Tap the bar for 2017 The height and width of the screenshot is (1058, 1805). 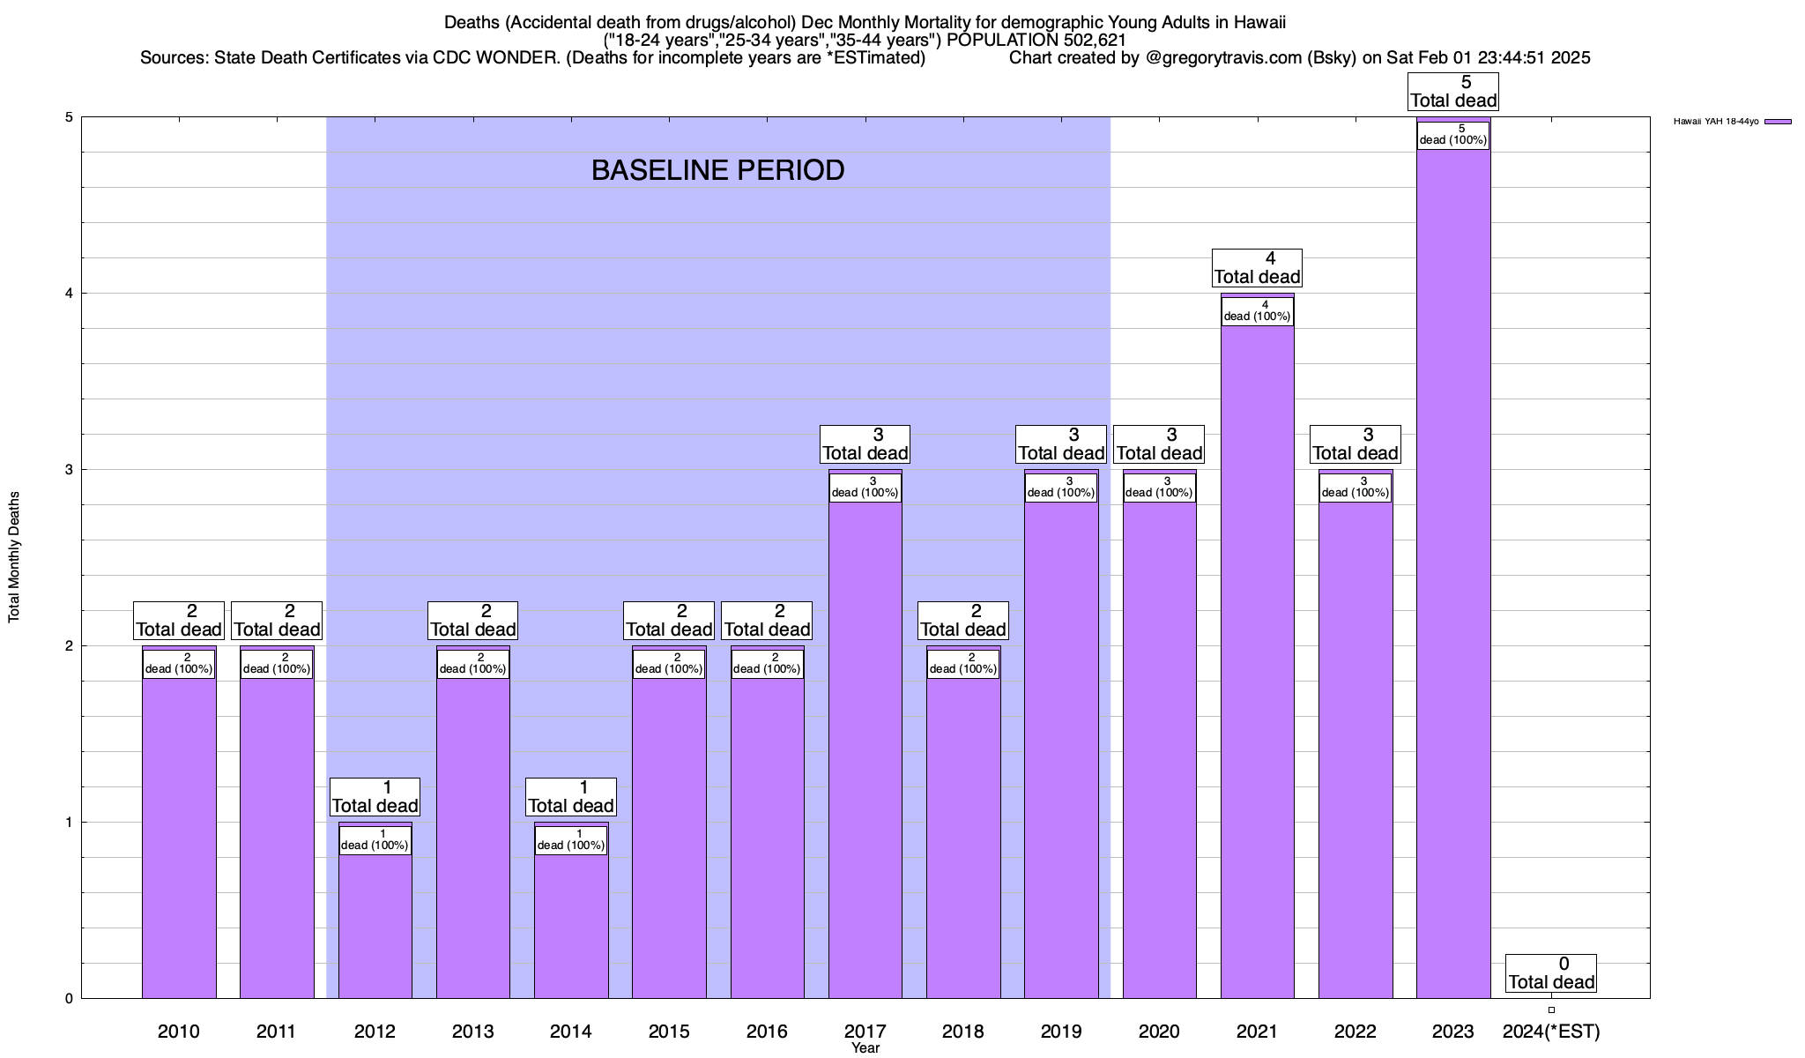865,749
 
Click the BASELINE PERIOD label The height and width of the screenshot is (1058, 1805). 717,170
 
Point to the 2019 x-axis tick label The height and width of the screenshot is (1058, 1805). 1060,1031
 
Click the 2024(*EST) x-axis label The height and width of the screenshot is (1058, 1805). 1550,1031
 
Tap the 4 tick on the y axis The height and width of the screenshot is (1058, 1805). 68,294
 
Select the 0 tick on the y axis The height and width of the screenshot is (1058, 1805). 68,999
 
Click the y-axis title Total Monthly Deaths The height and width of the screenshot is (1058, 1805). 14,557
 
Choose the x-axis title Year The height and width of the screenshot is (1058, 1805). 865,1048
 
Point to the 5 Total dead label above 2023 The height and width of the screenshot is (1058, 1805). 1452,92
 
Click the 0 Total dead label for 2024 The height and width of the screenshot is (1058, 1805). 1550,973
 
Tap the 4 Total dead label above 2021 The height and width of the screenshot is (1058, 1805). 1257,268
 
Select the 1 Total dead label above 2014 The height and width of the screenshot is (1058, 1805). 570,797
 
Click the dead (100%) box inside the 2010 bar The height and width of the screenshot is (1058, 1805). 179,664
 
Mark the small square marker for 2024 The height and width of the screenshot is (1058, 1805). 1551,1010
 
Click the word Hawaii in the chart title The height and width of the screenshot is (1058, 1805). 1261,22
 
